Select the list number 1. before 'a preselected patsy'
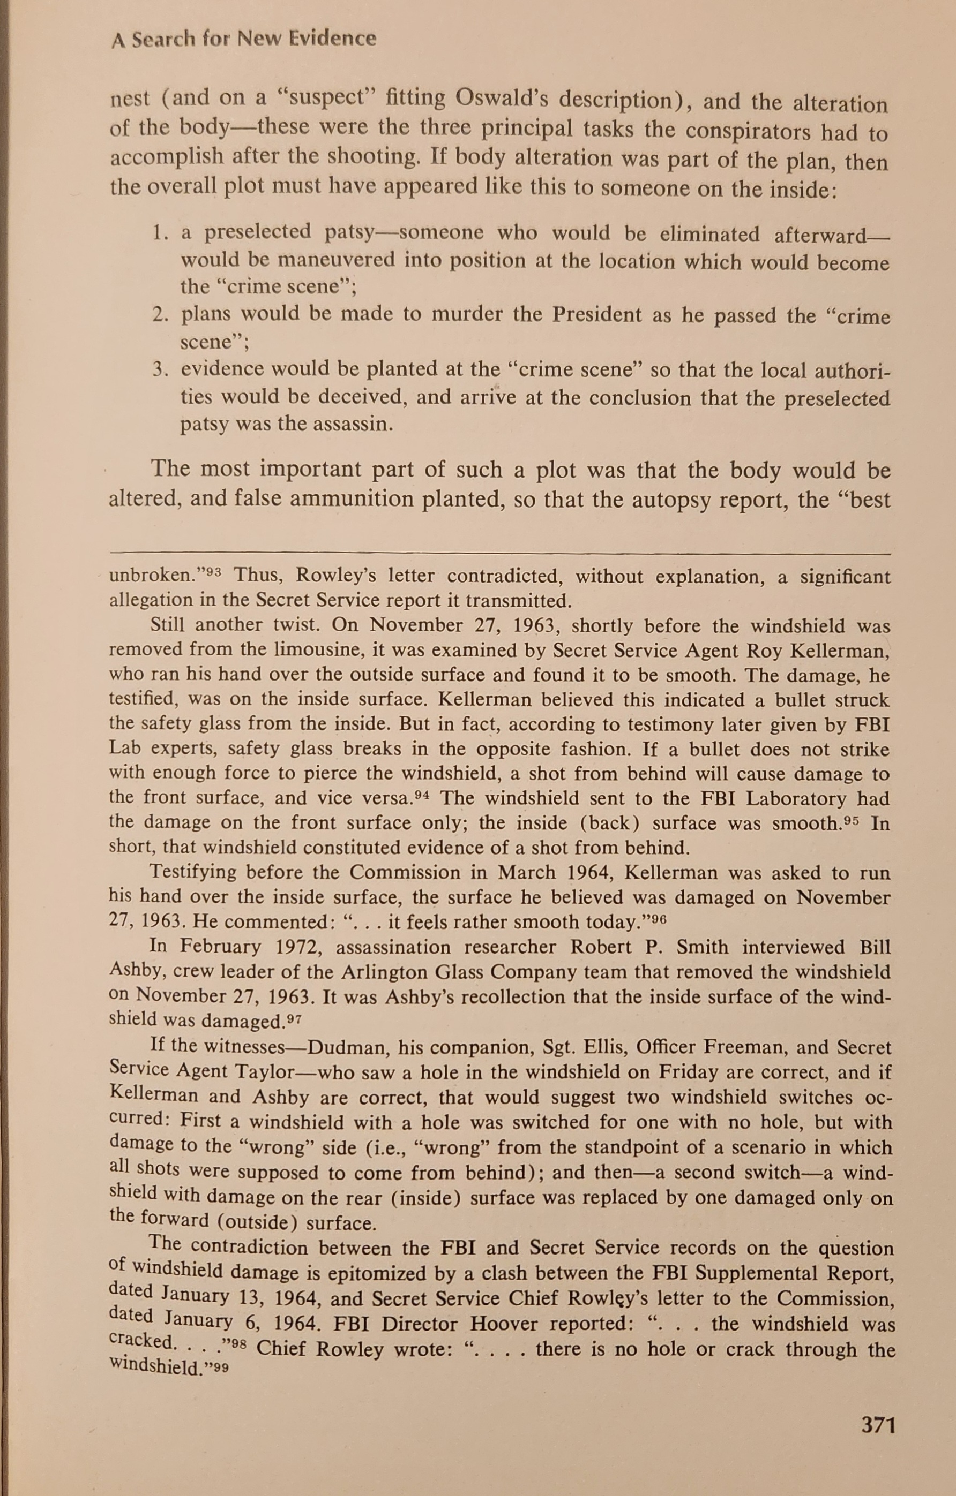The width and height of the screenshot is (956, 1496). pos(161,233)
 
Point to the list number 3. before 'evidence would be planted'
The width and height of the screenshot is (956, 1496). pos(161,369)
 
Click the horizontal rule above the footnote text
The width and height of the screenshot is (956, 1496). pos(500,553)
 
